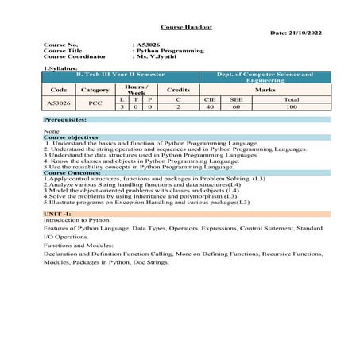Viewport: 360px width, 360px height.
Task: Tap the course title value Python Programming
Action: [x=170, y=51]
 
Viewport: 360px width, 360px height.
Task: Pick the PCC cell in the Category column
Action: [x=95, y=103]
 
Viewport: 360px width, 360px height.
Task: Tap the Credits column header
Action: [x=178, y=90]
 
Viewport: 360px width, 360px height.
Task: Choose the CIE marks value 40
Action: [x=209, y=106]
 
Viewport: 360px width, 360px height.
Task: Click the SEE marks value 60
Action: [x=235, y=106]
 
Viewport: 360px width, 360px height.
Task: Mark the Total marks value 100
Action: [x=291, y=106]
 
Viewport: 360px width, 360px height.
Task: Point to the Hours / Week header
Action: [x=135, y=89]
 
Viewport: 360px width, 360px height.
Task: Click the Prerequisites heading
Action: [x=65, y=119]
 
